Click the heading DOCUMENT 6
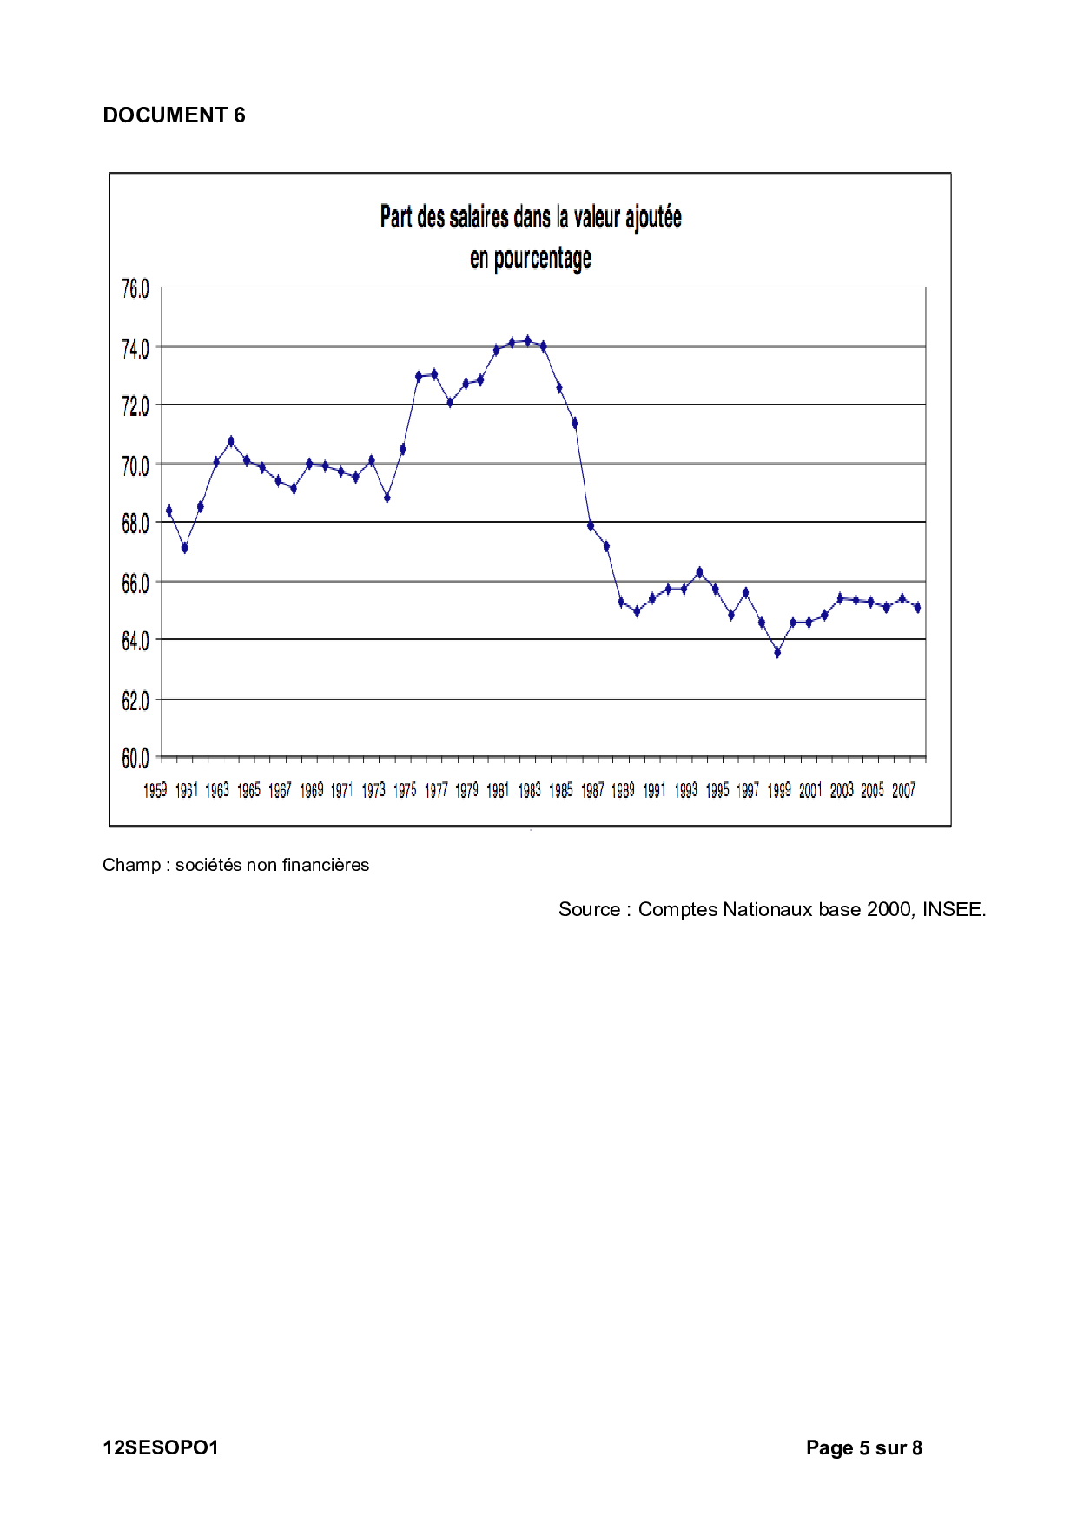point(174,115)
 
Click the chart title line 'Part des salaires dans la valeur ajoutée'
point(530,217)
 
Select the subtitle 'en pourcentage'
point(530,259)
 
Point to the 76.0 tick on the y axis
point(135,289)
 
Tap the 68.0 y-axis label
point(135,524)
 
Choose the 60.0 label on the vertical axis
point(135,759)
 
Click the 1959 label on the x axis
point(155,790)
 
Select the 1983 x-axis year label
point(529,790)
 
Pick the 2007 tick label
point(903,790)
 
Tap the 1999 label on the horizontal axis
point(778,790)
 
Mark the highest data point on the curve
point(527,341)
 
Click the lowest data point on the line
point(777,652)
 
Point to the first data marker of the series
point(169,511)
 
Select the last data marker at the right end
point(917,608)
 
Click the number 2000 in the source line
point(889,909)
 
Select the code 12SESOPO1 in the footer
point(161,1447)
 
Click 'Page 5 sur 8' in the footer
point(863,1447)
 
